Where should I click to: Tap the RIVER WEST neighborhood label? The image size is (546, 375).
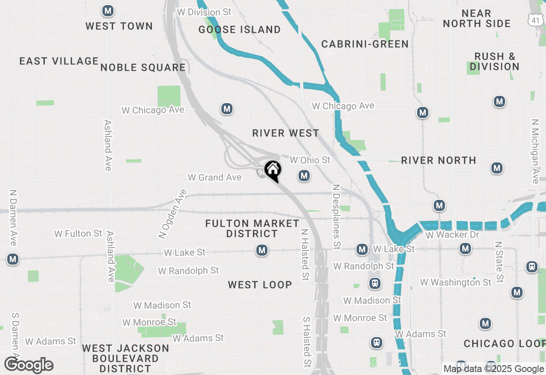(x=285, y=133)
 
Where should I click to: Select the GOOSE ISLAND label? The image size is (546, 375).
(x=240, y=29)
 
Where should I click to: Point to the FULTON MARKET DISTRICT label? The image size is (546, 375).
(x=252, y=228)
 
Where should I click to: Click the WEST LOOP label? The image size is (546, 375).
(x=260, y=285)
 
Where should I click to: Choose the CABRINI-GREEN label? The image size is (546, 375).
(x=365, y=44)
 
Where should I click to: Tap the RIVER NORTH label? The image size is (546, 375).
(x=439, y=160)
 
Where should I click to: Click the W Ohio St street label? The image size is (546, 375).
(x=310, y=160)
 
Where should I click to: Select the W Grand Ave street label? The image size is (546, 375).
(x=215, y=177)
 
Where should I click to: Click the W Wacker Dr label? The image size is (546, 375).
(x=452, y=235)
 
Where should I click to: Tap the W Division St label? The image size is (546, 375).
(x=204, y=12)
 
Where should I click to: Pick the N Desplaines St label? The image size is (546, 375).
(x=337, y=216)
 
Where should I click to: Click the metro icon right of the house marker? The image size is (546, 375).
(x=304, y=176)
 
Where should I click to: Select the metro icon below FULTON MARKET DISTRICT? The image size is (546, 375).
(x=262, y=250)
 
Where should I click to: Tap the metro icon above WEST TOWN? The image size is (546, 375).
(x=108, y=11)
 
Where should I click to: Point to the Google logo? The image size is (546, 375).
(x=29, y=365)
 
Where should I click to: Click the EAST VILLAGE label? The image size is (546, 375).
(x=59, y=61)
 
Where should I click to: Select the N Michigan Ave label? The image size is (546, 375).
(x=535, y=151)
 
